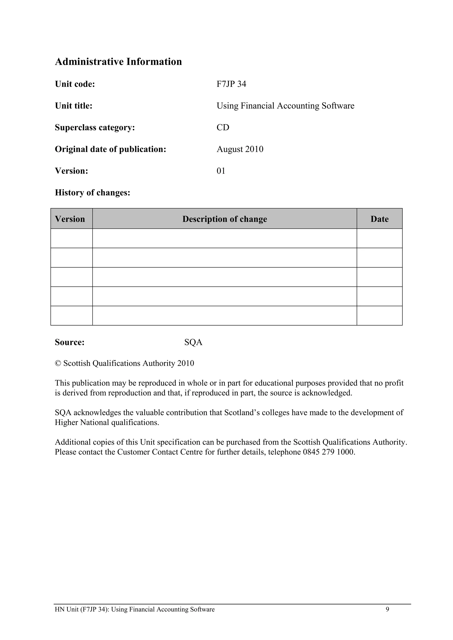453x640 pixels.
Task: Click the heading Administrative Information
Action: point(118,62)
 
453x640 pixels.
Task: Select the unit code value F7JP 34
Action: point(231,84)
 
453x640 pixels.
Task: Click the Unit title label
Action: point(74,106)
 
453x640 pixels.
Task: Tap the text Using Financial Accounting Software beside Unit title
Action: point(285,106)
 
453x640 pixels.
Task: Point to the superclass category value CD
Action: point(223,127)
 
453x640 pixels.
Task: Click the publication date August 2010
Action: point(240,149)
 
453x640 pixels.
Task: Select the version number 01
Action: point(221,171)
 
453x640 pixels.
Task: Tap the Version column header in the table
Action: point(70,219)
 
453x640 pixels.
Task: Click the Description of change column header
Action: point(225,219)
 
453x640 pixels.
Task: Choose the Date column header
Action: point(379,219)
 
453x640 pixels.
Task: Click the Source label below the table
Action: point(70,342)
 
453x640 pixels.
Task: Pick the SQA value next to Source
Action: point(193,342)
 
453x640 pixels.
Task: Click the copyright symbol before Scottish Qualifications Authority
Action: point(58,364)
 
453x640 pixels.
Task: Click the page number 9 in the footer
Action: point(387,609)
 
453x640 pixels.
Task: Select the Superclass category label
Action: point(95,127)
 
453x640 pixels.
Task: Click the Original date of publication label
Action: point(110,149)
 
